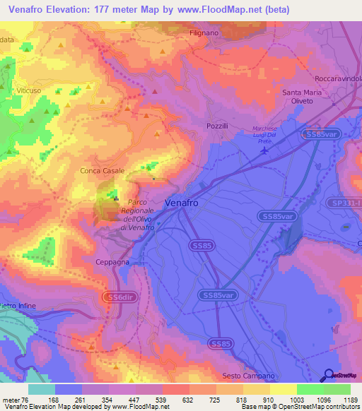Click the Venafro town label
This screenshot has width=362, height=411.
pyautogui.click(x=186, y=202)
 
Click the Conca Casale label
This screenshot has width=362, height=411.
pyautogui.click(x=103, y=171)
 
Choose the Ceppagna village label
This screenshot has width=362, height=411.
pyautogui.click(x=112, y=261)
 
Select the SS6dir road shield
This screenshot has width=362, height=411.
pyautogui.click(x=118, y=297)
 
